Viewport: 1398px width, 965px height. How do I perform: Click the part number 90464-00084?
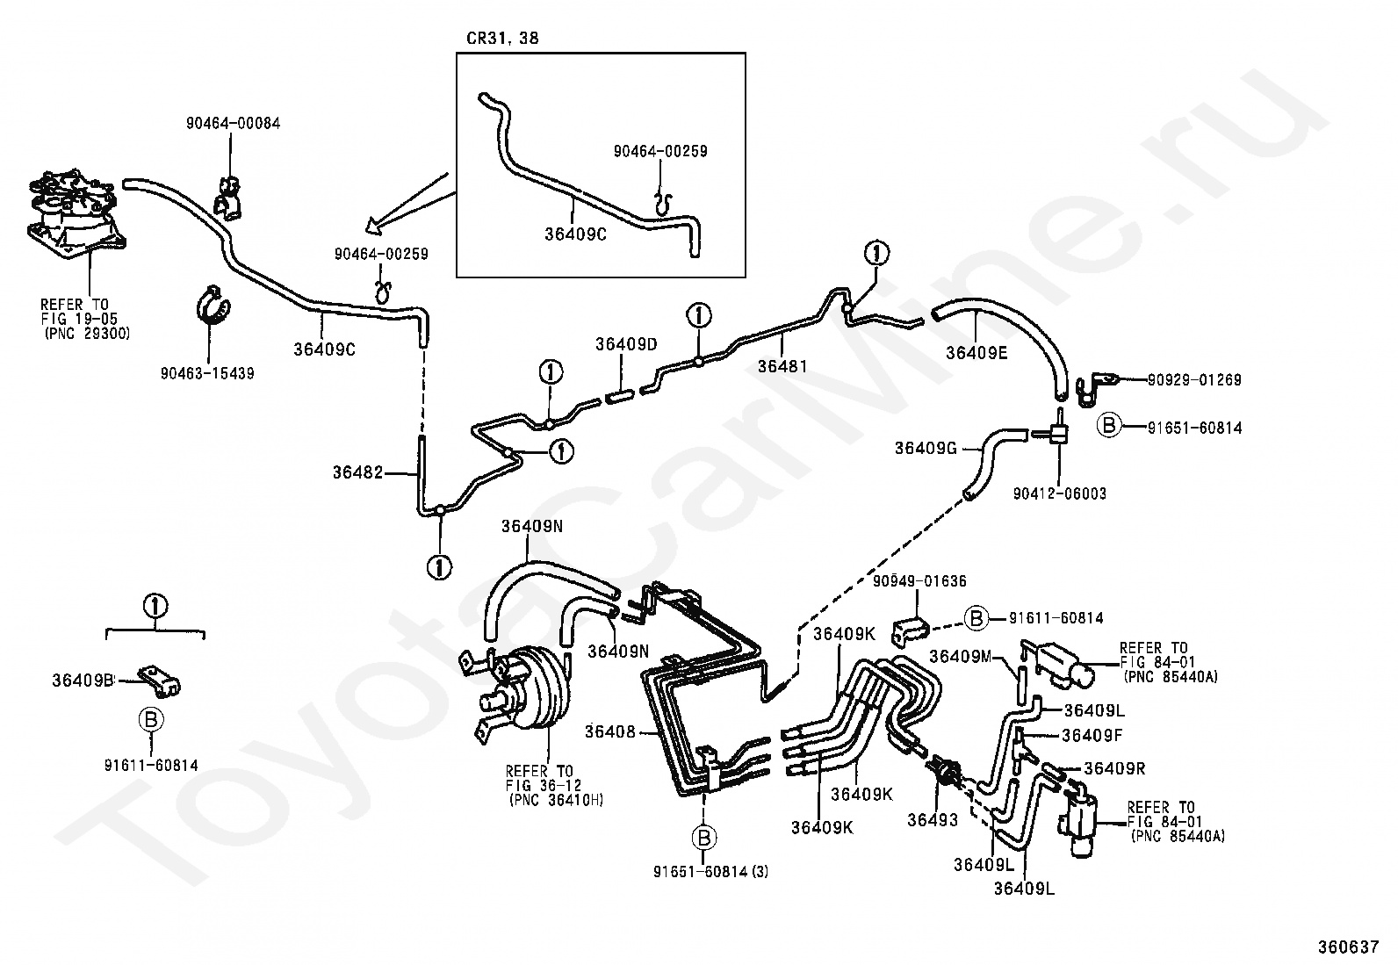pyautogui.click(x=233, y=123)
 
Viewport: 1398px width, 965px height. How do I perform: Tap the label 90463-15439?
pyautogui.click(x=207, y=373)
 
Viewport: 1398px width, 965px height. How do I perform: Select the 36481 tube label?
pyautogui.click(x=782, y=366)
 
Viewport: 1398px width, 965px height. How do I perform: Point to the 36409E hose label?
pyautogui.click(x=976, y=353)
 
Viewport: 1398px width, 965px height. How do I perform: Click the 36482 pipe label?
pyautogui.click(x=357, y=472)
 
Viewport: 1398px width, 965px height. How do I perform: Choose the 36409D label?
pyautogui.click(x=626, y=344)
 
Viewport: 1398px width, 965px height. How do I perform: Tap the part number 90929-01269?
pyautogui.click(x=1194, y=379)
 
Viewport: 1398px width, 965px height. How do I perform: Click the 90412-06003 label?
pyautogui.click(x=1060, y=493)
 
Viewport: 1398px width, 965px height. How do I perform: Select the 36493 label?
pyautogui.click(x=933, y=819)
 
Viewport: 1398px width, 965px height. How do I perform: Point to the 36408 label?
pyautogui.click(x=609, y=731)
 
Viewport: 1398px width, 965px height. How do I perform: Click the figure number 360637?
pyautogui.click(x=1348, y=947)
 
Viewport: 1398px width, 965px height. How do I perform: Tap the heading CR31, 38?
pyautogui.click(x=502, y=38)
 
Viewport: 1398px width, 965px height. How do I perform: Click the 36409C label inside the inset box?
pyautogui.click(x=575, y=234)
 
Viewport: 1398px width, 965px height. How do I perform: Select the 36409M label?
pyautogui.click(x=960, y=656)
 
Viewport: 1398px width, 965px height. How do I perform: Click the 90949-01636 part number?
pyautogui.click(x=919, y=581)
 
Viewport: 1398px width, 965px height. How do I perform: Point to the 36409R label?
pyautogui.click(x=1114, y=767)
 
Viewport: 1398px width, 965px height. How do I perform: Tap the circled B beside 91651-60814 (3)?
pyautogui.click(x=704, y=838)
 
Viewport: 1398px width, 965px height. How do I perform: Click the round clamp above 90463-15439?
pyautogui.click(x=213, y=306)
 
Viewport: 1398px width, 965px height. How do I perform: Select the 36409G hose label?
pyautogui.click(x=926, y=448)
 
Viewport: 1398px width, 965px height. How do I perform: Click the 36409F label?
pyautogui.click(x=1092, y=735)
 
